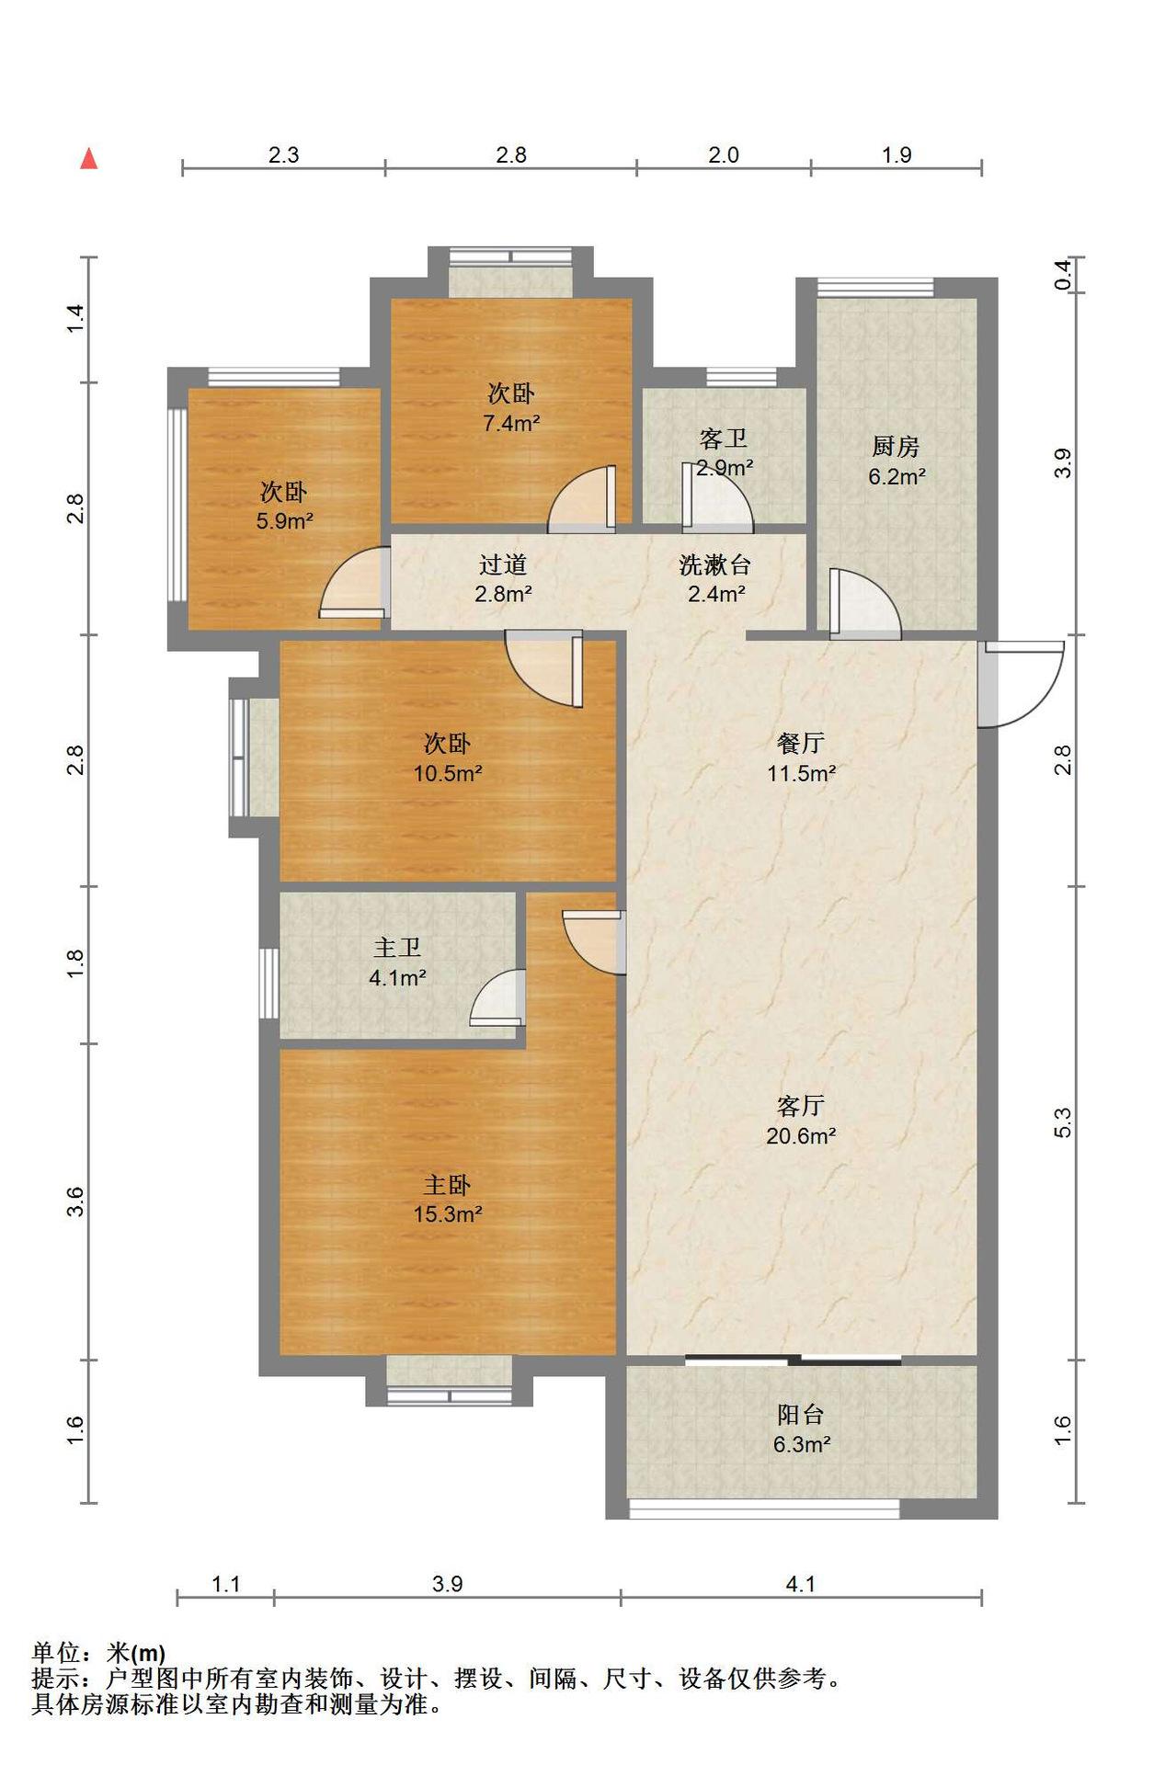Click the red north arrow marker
pos(89,159)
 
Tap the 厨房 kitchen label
pos(896,447)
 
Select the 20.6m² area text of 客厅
pos(801,1136)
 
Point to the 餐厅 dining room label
pos(801,743)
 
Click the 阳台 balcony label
pos(801,1415)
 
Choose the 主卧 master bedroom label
pos(448,1185)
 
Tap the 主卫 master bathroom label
pos(397,948)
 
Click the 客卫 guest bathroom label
pos(724,439)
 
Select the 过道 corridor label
pos(503,564)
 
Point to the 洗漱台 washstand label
pos(715,564)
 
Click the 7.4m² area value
pos(511,424)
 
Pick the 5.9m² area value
pos(285,522)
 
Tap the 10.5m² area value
pos(448,773)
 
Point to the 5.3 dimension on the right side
pos(1063,1122)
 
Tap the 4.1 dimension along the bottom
pos(801,1584)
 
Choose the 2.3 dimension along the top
pos(283,154)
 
